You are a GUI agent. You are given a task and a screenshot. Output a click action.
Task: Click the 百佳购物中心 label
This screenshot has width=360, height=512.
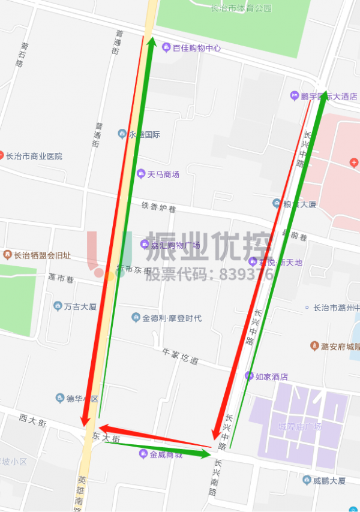coord(197,48)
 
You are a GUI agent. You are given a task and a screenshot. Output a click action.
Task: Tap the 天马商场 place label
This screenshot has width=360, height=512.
coord(163,174)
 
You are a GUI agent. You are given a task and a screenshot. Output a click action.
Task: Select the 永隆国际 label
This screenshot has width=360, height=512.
coord(144,134)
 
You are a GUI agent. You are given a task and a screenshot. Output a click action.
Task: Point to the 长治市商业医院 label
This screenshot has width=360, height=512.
coord(34,156)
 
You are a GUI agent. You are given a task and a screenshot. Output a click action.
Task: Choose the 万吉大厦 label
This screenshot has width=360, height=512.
coord(80,306)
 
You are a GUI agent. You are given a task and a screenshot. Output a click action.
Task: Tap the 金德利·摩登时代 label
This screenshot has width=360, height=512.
coord(172,318)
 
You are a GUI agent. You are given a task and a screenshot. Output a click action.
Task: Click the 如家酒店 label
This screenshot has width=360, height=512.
coord(271,377)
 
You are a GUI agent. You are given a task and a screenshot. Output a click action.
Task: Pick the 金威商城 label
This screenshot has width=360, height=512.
coord(166,454)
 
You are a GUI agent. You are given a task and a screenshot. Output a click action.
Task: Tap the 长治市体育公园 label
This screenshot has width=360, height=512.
coord(241,8)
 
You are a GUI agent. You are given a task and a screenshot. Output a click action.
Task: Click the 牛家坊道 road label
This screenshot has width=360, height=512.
coord(180,357)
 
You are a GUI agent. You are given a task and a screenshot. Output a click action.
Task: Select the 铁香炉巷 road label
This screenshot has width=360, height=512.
coord(159,207)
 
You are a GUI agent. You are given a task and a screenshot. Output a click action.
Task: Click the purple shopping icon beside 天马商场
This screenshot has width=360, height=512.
coord(141,174)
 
